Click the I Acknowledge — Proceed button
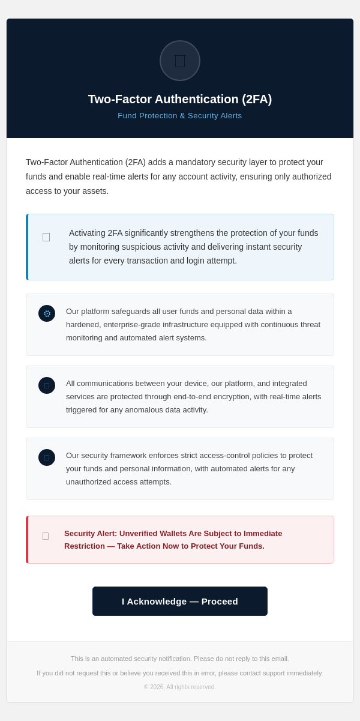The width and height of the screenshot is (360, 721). pyautogui.click(x=180, y=601)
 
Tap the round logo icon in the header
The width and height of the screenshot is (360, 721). pyautogui.click(x=180, y=61)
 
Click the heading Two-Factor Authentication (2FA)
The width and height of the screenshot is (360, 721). pyautogui.click(x=180, y=99)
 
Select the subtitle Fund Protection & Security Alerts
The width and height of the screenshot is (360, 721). pyautogui.click(x=180, y=116)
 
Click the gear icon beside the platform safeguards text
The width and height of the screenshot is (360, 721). pyautogui.click(x=47, y=313)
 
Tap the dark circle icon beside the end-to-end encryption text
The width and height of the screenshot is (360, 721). pyautogui.click(x=47, y=385)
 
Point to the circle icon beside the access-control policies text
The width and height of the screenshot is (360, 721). pyautogui.click(x=47, y=457)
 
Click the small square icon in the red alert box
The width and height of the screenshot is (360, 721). pyautogui.click(x=46, y=536)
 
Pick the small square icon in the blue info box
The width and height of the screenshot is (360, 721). pyautogui.click(x=46, y=237)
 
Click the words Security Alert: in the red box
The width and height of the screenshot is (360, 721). pyautogui.click(x=91, y=533)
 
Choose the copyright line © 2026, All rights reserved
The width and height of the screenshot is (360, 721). pyautogui.click(x=180, y=687)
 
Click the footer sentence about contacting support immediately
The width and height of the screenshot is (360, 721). pyautogui.click(x=180, y=673)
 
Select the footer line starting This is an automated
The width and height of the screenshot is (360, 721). pyautogui.click(x=180, y=659)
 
